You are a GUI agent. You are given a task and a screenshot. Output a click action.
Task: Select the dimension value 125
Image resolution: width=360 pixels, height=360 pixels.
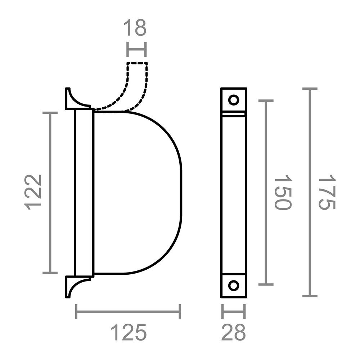[129, 333]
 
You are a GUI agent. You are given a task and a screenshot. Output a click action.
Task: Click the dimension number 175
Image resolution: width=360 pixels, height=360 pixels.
[327, 192]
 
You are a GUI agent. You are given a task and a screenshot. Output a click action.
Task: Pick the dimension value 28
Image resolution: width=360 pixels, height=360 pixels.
[233, 333]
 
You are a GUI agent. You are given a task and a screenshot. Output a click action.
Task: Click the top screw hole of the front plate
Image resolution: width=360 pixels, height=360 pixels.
[234, 100]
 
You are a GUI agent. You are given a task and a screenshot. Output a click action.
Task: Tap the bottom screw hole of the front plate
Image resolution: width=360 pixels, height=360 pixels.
[234, 285]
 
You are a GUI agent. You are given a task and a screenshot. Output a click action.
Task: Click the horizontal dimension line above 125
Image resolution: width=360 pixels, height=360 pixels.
[128, 311]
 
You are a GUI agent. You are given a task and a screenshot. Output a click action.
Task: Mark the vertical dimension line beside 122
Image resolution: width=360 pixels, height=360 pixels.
[50, 193]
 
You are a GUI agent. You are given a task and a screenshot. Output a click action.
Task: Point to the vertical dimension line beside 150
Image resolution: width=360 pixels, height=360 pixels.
[266, 193]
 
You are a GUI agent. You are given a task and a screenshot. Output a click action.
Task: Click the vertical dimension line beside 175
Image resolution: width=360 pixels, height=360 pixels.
[310, 193]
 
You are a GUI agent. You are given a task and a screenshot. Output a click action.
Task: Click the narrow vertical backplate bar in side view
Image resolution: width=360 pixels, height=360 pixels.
[84, 193]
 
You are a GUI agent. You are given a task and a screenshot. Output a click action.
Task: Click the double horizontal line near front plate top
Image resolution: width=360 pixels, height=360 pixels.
[233, 114]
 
